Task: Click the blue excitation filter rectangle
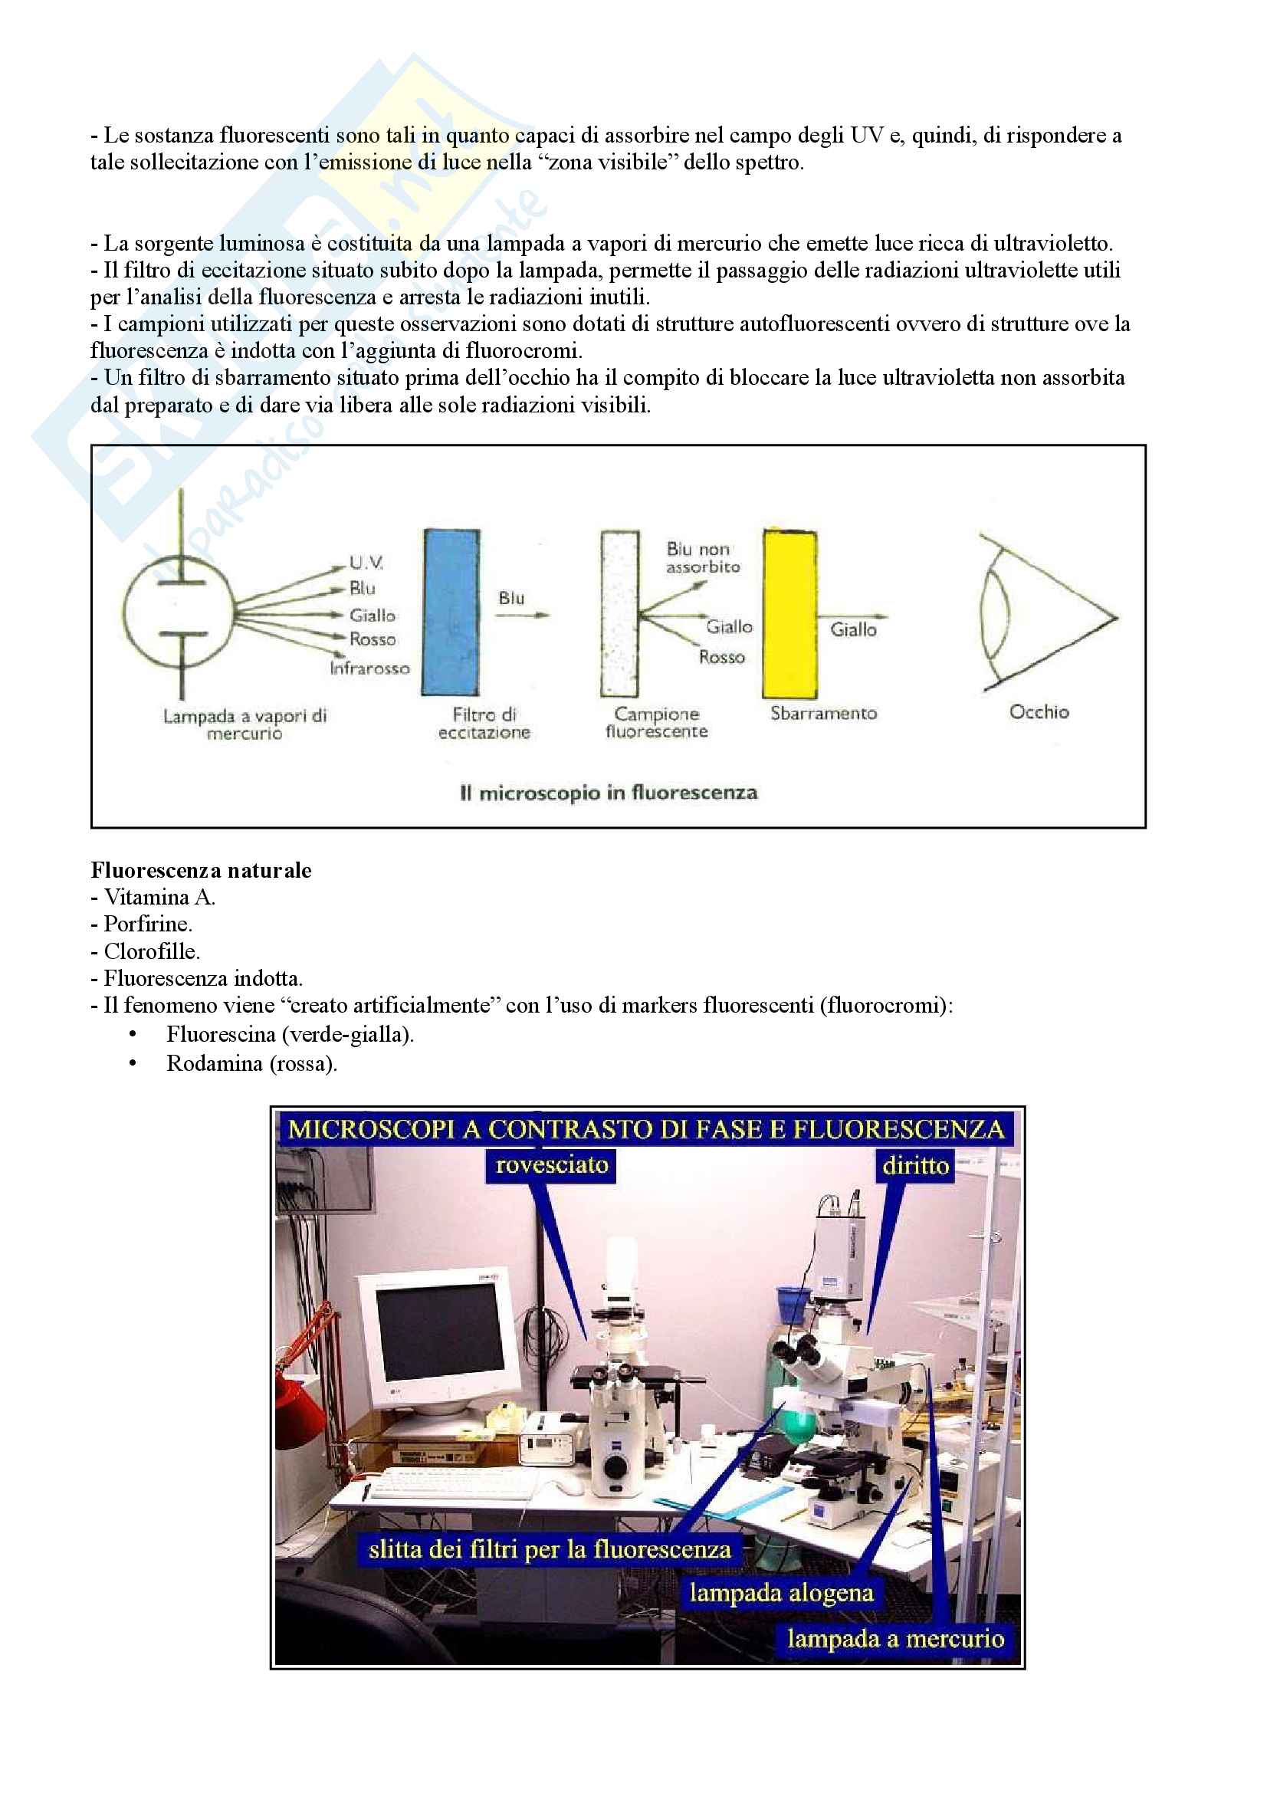[451, 613]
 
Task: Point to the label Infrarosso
[369, 668]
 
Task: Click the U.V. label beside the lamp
[366, 562]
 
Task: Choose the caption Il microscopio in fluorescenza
[609, 793]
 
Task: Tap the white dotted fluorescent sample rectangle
[619, 614]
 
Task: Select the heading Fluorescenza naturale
[201, 870]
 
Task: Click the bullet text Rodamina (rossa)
[251, 1064]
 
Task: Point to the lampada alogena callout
[780, 1592]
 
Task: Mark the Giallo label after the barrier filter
[852, 629]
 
